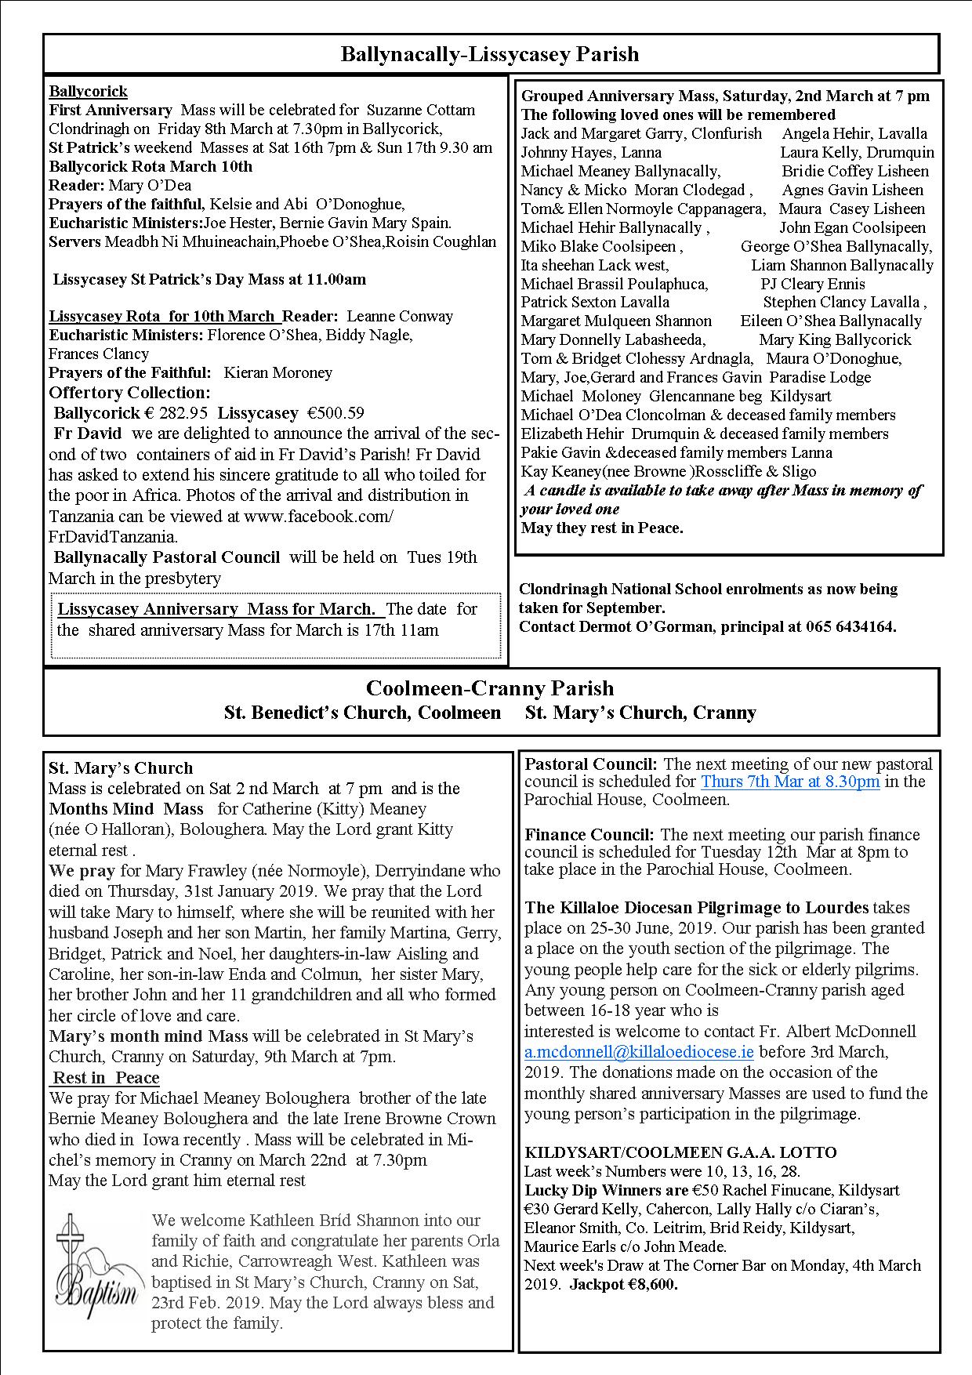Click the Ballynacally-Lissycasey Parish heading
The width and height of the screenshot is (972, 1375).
coord(490,55)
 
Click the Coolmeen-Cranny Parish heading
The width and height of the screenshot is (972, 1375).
coord(490,688)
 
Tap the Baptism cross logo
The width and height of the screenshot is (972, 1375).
coord(97,1271)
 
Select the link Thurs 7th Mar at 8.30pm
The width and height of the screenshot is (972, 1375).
coord(790,782)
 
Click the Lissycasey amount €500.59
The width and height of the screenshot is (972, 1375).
coord(335,413)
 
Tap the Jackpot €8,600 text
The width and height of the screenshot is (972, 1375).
coord(624,1284)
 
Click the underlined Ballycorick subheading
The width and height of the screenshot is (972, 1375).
coord(88,92)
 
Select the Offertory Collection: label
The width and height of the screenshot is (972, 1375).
coord(129,393)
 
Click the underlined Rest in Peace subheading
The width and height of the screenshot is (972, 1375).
coord(107,1078)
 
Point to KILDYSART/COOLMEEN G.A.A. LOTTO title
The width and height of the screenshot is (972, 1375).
coord(680,1152)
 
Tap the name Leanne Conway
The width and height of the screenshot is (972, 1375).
coord(400,317)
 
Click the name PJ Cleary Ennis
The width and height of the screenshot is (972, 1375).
coord(813,284)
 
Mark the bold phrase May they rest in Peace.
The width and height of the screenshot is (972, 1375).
coord(602,528)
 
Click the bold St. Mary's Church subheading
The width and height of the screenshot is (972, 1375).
coord(121,768)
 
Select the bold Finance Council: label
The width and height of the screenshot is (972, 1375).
coord(590,835)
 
